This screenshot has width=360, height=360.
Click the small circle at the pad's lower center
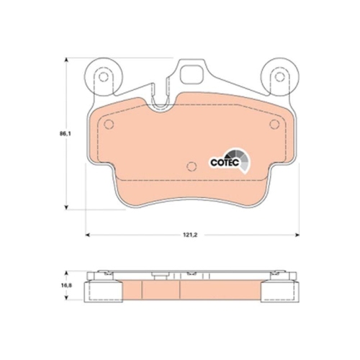tap(191, 167)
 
